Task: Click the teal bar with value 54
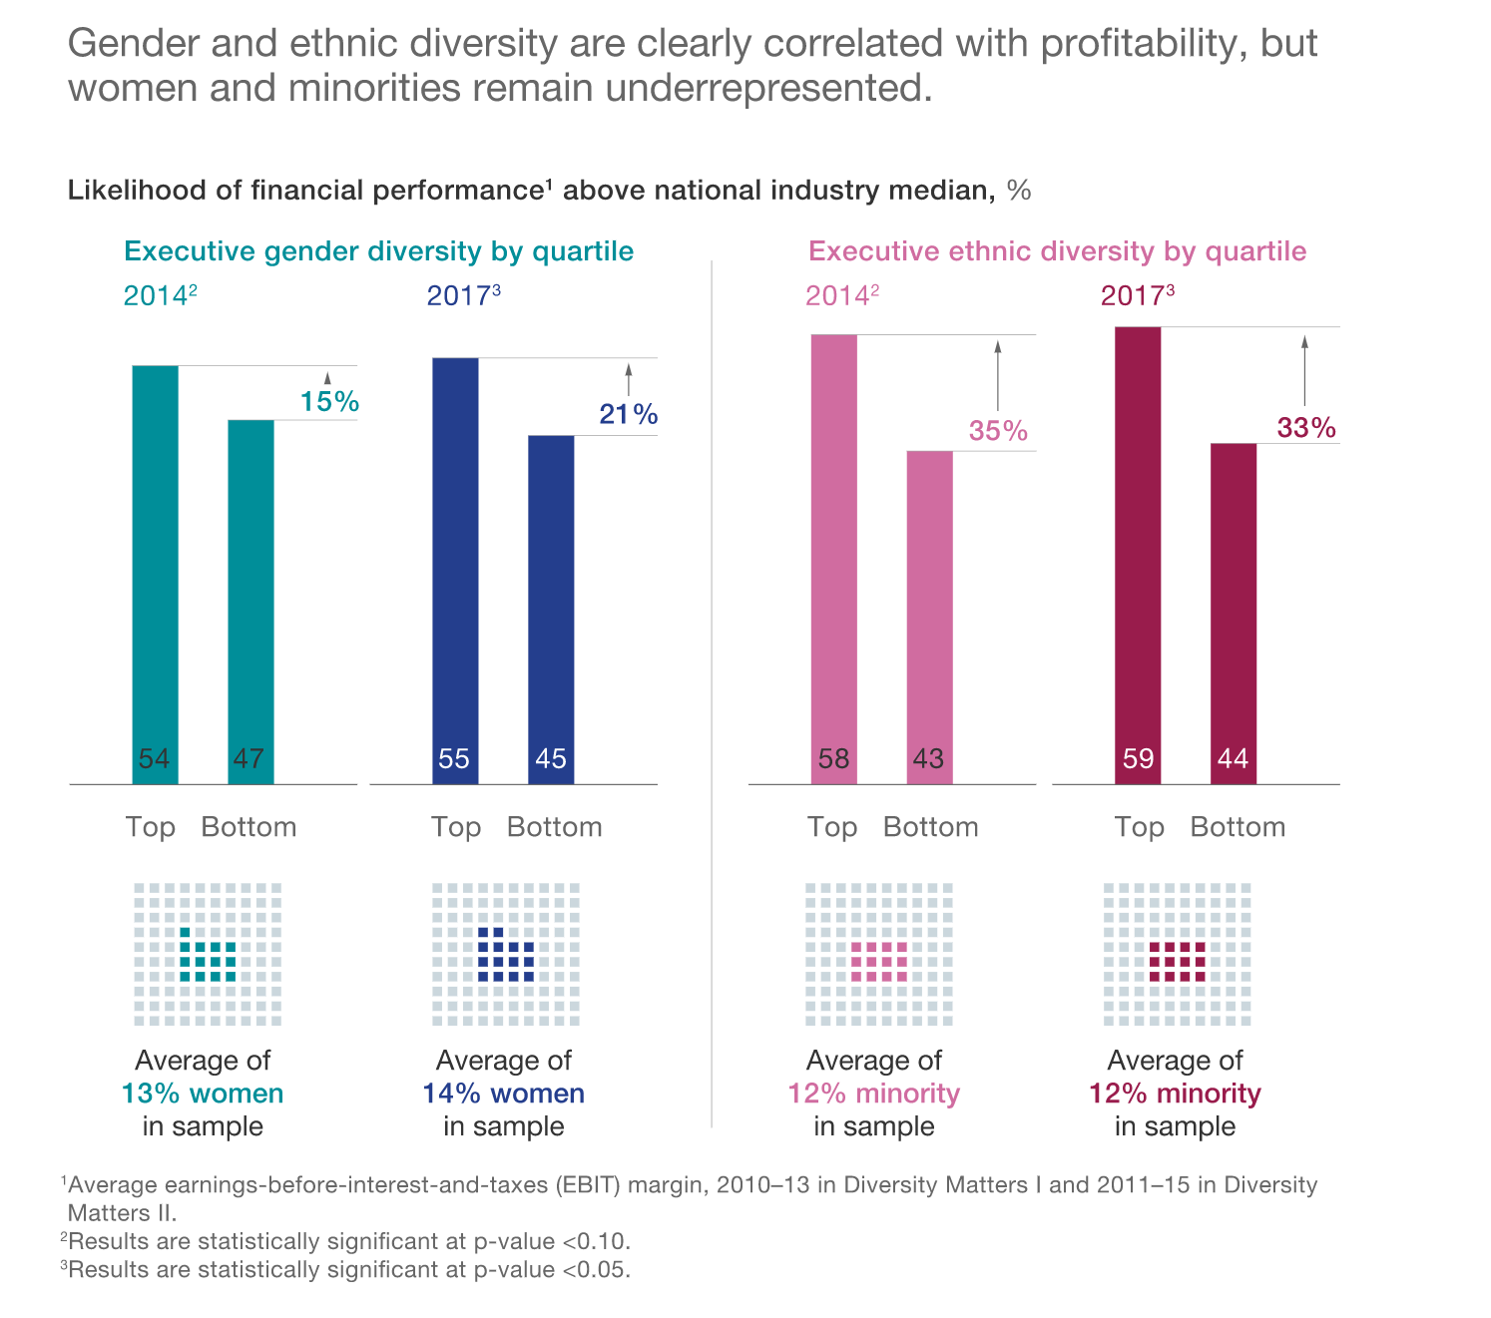(x=155, y=574)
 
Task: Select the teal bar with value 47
(x=250, y=601)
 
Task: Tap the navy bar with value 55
(x=455, y=570)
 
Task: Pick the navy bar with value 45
(x=551, y=609)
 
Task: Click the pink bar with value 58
(x=833, y=559)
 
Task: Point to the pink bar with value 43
(x=929, y=617)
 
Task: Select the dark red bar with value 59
(x=1138, y=555)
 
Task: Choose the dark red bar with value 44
(x=1234, y=613)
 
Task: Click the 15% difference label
(x=329, y=402)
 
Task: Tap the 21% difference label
(x=629, y=414)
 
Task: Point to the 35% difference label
(x=998, y=431)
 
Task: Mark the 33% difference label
(x=1306, y=428)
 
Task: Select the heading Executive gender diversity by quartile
(x=378, y=251)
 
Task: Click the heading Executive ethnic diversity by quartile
(x=1057, y=251)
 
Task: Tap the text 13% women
(x=203, y=1094)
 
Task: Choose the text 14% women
(x=503, y=1094)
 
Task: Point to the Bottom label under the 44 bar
(x=1238, y=827)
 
